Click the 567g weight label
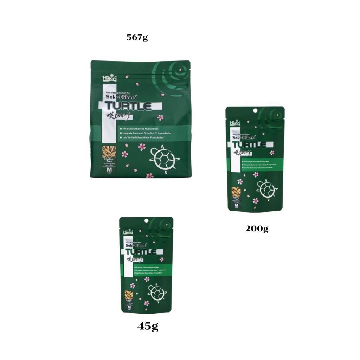click(137, 38)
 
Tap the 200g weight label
click(257, 229)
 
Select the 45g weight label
click(148, 327)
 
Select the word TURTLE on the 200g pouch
click(251, 144)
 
